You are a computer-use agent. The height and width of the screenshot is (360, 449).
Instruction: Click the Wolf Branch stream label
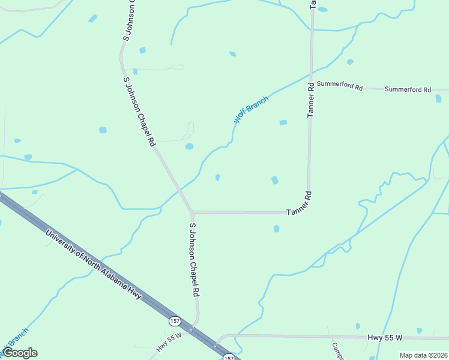251,109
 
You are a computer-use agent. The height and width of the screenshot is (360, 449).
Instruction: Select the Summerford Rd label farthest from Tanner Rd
408,89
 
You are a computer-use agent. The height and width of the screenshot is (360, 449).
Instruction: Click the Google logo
19,353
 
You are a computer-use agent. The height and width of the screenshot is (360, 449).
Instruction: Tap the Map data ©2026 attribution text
423,355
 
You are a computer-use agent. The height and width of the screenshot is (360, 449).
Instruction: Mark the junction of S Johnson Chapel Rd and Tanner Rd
192,212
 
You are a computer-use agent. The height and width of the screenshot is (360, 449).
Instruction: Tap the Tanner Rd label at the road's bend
300,203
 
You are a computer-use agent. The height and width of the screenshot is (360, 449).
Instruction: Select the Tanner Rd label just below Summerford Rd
311,101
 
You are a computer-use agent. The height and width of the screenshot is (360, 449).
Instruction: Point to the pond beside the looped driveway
190,146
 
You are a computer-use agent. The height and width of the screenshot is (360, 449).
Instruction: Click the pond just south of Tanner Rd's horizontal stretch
276,229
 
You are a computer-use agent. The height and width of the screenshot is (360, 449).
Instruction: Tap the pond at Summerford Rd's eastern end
438,98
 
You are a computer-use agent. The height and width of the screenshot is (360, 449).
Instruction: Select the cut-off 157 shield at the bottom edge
228,358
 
